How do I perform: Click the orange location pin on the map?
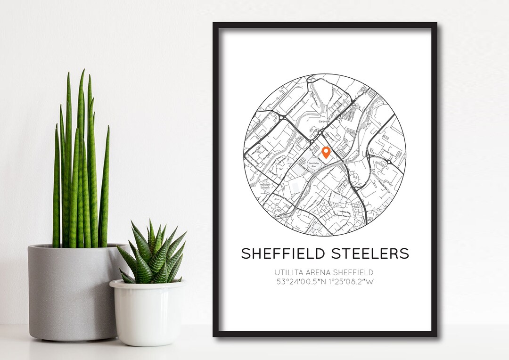[x=326, y=152]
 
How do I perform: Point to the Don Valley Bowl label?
[x=314, y=164]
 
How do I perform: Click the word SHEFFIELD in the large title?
[x=282, y=254]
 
